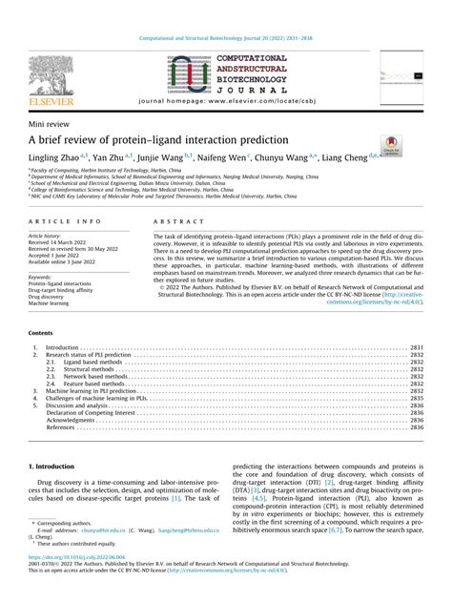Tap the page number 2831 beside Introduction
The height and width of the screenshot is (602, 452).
416,348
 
